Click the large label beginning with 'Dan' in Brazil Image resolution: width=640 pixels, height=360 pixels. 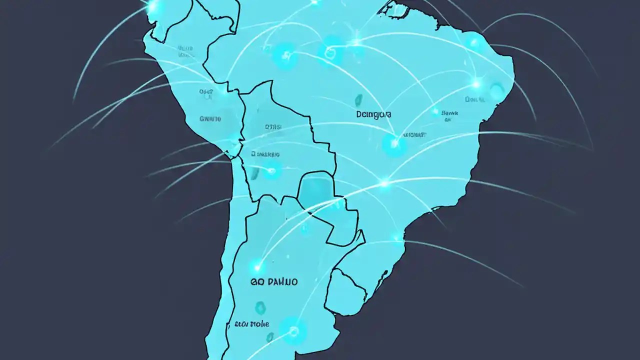click(x=374, y=114)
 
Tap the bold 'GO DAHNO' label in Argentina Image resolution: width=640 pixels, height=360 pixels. click(x=273, y=282)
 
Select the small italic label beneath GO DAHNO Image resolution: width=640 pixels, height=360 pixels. click(x=251, y=324)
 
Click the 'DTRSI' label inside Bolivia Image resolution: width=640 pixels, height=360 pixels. click(x=273, y=127)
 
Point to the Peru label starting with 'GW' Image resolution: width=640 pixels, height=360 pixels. click(x=210, y=118)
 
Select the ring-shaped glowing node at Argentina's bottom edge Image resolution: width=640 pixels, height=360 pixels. click(x=292, y=330)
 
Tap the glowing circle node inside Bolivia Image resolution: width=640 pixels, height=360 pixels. click(x=271, y=171)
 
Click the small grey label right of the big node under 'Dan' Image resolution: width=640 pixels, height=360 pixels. click(x=415, y=134)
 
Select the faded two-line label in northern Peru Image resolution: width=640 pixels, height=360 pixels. click(x=185, y=51)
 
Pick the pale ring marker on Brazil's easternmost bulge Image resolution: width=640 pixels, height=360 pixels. click(x=496, y=90)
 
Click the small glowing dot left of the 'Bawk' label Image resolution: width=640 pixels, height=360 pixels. click(x=435, y=112)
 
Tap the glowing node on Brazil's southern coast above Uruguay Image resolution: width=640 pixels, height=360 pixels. click(x=396, y=236)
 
